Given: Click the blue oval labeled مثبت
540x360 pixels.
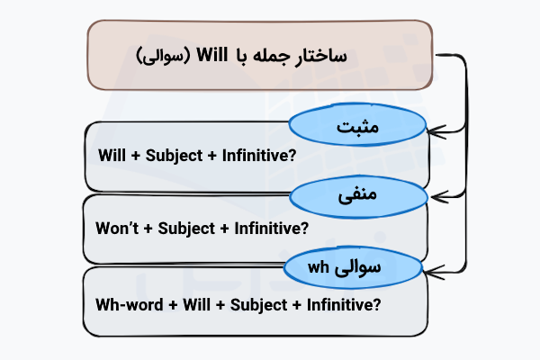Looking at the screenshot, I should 356,129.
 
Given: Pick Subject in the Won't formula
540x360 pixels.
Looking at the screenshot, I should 186,228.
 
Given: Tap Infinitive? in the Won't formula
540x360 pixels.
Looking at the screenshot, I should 269,228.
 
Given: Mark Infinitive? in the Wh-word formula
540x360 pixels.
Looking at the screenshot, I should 341,304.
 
